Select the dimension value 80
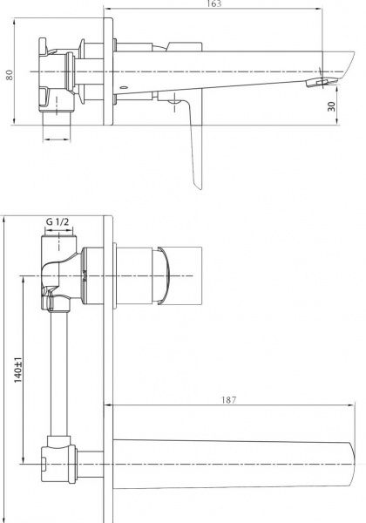(x=10, y=76)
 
